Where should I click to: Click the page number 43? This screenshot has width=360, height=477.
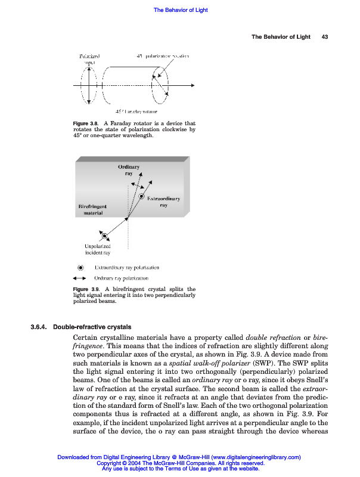click(325, 37)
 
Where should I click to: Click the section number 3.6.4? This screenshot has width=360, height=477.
click(41, 327)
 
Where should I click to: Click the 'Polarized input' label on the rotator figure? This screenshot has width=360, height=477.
click(89, 58)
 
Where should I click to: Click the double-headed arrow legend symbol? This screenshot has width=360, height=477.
click(80, 278)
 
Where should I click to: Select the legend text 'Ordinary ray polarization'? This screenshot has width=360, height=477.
click(122, 278)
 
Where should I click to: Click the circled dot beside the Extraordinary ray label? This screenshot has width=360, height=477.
click(142, 196)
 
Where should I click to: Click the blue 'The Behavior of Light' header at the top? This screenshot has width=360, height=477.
click(181, 10)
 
